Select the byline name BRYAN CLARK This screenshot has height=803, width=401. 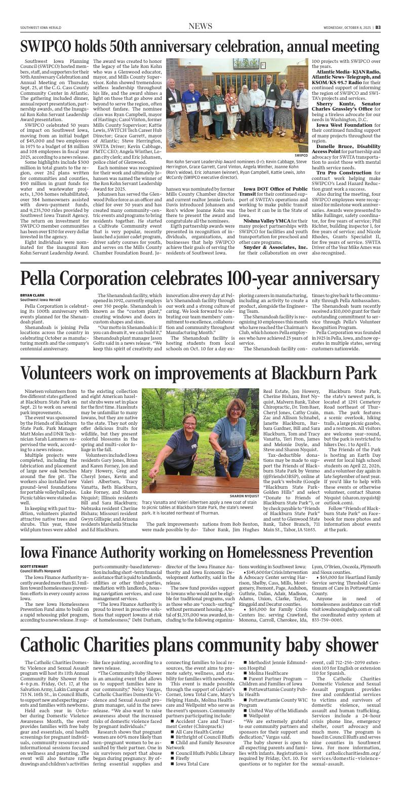[x=32, y=295]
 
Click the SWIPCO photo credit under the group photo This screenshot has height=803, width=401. [x=301, y=155]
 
